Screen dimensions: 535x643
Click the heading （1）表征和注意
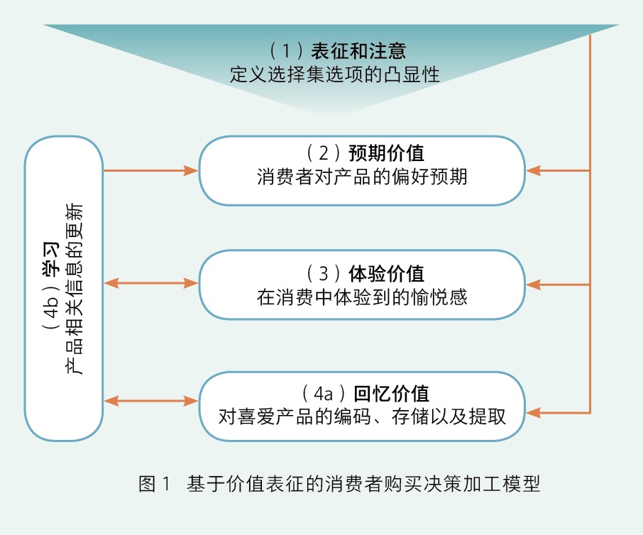[x=338, y=51]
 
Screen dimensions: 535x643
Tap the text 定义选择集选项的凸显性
[x=334, y=74]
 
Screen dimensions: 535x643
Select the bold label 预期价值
[x=391, y=154]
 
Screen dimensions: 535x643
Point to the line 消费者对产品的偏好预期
[x=362, y=177]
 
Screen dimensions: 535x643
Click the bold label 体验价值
[x=391, y=273]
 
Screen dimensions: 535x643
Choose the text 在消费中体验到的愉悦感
[x=362, y=297]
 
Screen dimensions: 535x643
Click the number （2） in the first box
[x=322, y=154]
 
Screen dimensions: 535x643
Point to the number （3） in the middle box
[x=322, y=273]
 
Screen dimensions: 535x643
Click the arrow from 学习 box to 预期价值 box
[x=150, y=170]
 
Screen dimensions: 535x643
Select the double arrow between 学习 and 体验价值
[x=150, y=284]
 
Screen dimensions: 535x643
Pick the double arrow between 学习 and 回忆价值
[x=150, y=402]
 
